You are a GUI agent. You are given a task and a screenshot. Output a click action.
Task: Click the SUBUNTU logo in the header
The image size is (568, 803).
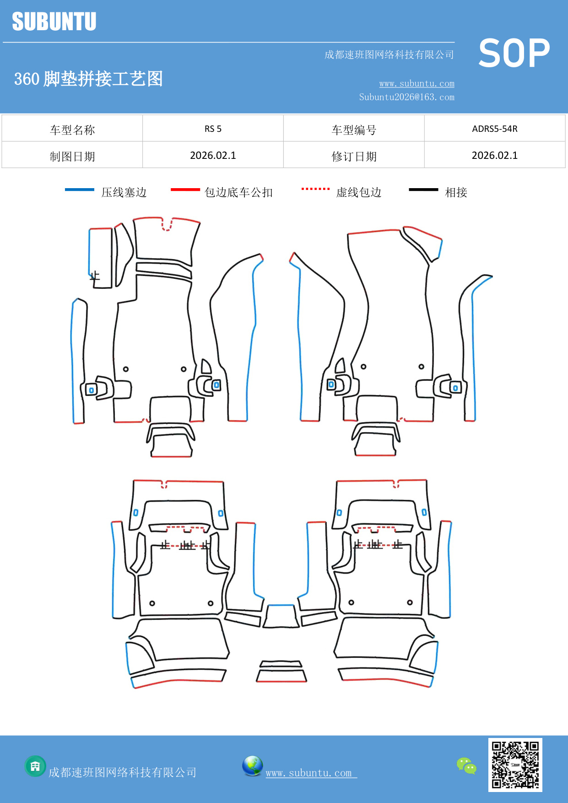pyautogui.click(x=54, y=22)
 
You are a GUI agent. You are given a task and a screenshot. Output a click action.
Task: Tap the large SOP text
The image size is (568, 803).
pyautogui.click(x=514, y=53)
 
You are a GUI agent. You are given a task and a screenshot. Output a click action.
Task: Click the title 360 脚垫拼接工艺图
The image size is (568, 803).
pyautogui.click(x=88, y=79)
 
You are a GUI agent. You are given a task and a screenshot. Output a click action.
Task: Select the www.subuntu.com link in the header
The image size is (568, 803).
pyautogui.click(x=417, y=83)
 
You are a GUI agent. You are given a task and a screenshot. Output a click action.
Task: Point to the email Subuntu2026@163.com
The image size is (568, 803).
pyautogui.click(x=406, y=97)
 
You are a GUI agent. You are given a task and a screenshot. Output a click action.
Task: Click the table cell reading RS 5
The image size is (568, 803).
pyautogui.click(x=213, y=129)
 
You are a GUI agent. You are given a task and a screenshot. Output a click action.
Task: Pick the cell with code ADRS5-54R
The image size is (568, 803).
pyautogui.click(x=494, y=129)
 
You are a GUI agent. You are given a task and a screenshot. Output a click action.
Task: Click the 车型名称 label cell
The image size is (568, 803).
pyautogui.click(x=72, y=130)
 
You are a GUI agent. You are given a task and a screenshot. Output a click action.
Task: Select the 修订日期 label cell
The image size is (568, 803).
pyautogui.click(x=354, y=156)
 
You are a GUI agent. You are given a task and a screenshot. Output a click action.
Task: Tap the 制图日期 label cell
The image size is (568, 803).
pyautogui.click(x=72, y=156)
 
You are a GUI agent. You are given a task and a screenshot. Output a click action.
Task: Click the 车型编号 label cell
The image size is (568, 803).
pyautogui.click(x=354, y=130)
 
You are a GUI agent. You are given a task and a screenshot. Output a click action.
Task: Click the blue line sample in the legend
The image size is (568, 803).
pyautogui.click(x=80, y=190)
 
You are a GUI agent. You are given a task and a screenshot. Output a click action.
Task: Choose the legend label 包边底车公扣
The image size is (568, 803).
pyautogui.click(x=238, y=192)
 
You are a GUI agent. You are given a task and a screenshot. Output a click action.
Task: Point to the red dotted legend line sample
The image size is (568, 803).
pyautogui.click(x=315, y=189)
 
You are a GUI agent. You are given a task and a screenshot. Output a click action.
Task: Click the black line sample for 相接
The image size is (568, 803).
pyautogui.click(x=423, y=190)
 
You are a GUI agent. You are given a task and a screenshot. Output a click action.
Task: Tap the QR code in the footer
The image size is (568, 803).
pyautogui.click(x=515, y=765)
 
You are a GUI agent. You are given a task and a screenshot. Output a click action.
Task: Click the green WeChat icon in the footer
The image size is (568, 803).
pyautogui.click(x=466, y=766)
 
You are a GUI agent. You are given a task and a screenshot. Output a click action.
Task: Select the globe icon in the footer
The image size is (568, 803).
pyautogui.click(x=252, y=766)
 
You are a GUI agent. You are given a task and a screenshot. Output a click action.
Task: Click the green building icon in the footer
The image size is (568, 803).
pyautogui.click(x=35, y=766)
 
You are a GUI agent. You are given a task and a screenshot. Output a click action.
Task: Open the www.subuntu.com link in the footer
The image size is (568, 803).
pyautogui.click(x=309, y=773)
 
